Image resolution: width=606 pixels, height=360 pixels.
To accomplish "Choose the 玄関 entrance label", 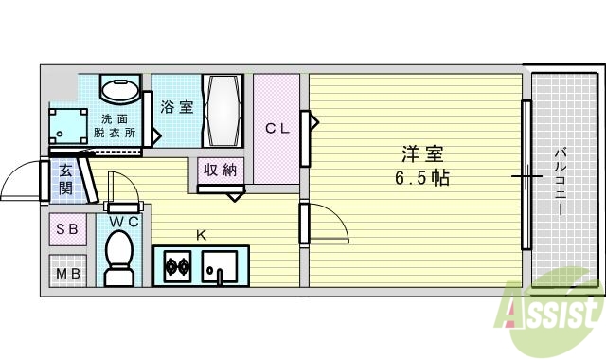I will click(x=65, y=179).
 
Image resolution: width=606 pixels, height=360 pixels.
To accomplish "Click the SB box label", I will click(x=67, y=229).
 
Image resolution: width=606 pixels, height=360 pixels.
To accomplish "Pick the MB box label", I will click(x=67, y=274).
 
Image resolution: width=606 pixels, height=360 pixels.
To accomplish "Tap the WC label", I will click(x=125, y=222).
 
